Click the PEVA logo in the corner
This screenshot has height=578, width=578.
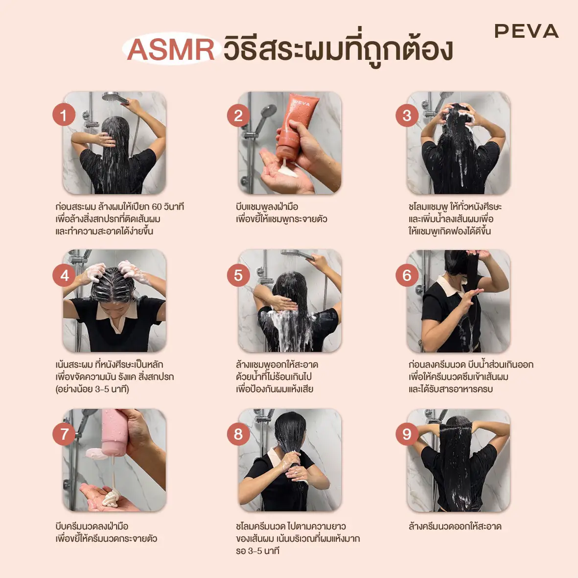point(526,31)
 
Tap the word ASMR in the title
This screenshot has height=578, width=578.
point(171,49)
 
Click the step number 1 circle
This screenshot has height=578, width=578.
point(64,116)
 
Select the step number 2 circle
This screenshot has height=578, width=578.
point(238,116)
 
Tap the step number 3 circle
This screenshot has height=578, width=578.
point(407,116)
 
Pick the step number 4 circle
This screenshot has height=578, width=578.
point(64,276)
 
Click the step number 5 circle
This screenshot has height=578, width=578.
point(238,276)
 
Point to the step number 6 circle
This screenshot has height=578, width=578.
point(407,276)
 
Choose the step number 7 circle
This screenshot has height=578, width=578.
point(64,434)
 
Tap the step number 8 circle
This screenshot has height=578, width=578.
point(238,434)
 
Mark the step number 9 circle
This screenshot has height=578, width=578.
point(407,434)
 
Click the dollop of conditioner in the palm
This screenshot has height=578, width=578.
point(110,497)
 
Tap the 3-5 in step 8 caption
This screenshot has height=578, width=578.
point(254,551)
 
